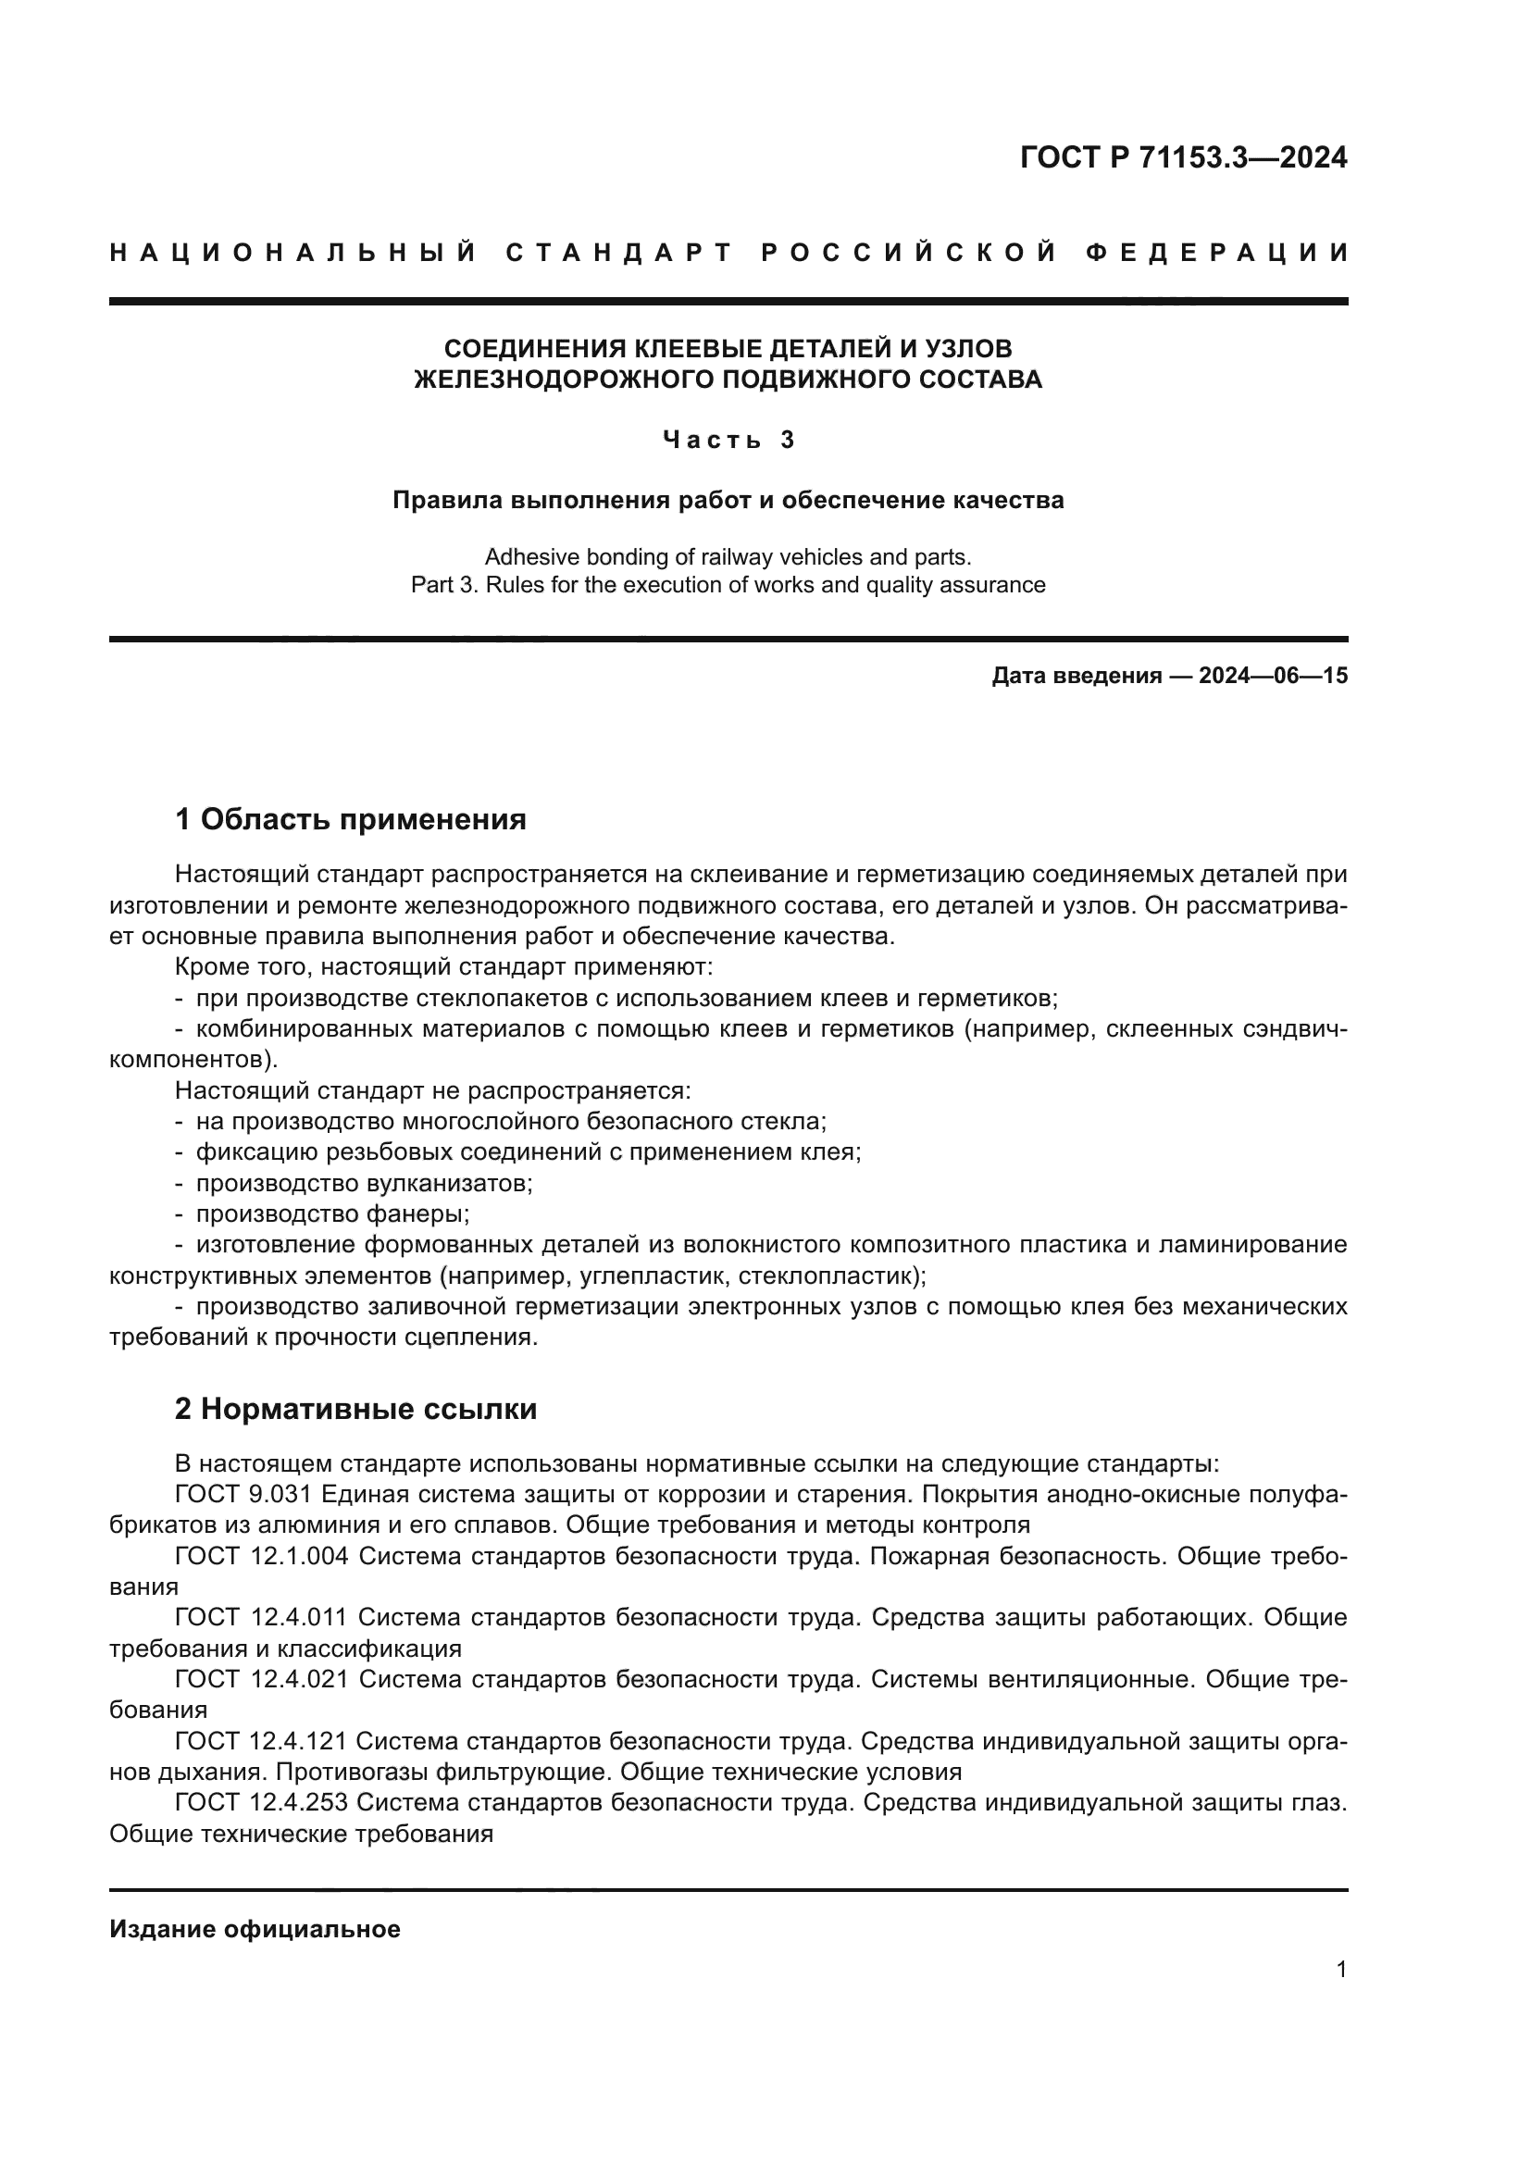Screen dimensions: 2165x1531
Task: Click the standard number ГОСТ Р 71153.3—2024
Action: click(1183, 157)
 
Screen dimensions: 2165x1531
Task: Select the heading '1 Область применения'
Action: click(351, 819)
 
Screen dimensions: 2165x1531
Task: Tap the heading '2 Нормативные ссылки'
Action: click(355, 1409)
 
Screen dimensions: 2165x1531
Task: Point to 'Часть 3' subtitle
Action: click(728, 440)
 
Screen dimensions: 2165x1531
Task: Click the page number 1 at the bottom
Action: click(1341, 1969)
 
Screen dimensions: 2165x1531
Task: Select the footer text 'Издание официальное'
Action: click(255, 1929)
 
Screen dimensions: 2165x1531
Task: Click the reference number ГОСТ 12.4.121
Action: click(261, 1741)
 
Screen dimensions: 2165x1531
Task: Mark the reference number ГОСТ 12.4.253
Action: click(261, 1802)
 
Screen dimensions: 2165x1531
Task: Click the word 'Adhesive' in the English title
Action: click(528, 556)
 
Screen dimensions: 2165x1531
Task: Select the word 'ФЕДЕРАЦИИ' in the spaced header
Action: click(1217, 253)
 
